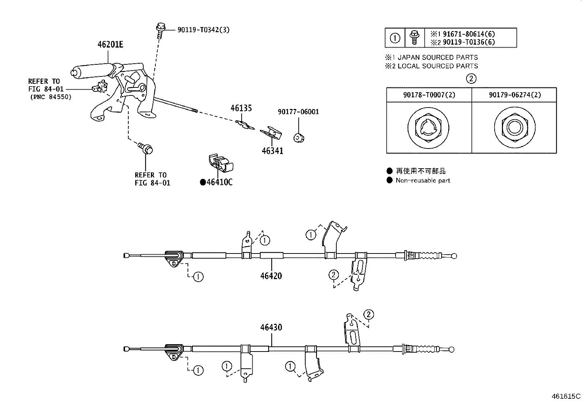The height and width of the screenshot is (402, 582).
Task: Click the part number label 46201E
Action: [110, 45]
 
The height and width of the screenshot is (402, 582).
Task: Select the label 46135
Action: [241, 108]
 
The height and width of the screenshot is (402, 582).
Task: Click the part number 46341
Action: [272, 151]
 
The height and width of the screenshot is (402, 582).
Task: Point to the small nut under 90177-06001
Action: [299, 138]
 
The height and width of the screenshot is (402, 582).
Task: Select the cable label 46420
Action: [271, 276]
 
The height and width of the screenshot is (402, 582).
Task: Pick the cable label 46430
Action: [271, 327]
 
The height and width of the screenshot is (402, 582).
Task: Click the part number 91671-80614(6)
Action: [469, 34]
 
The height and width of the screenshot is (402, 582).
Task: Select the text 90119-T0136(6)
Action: [469, 42]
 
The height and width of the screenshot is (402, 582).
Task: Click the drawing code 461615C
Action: [566, 396]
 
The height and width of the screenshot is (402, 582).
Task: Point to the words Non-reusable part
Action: [423, 180]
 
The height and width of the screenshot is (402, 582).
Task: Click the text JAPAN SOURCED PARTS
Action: [438, 57]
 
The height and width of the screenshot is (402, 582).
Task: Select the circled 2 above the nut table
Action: [471, 78]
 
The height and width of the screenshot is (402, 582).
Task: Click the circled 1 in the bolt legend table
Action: [395, 38]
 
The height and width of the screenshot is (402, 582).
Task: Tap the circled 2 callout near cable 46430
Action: [369, 314]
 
